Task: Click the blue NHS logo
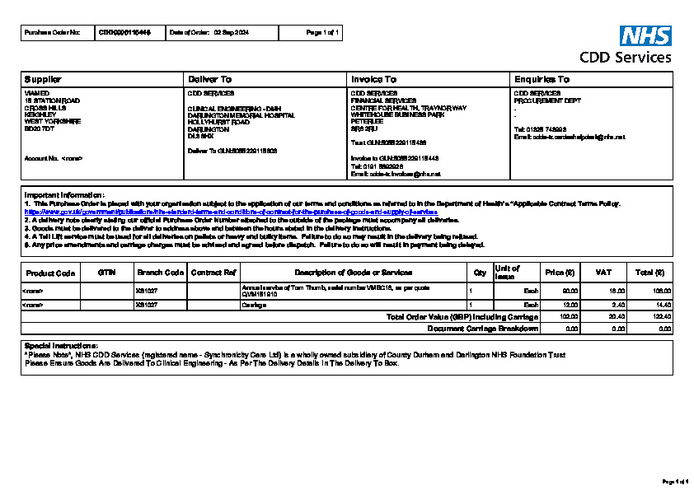(x=645, y=35)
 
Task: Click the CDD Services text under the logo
(x=625, y=58)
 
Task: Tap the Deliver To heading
(x=210, y=79)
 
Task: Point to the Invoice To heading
(x=373, y=79)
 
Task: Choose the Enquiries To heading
(x=542, y=79)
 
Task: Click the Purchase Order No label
(x=53, y=33)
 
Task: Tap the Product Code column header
(x=50, y=273)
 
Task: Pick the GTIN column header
(x=106, y=272)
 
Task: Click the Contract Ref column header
(x=213, y=272)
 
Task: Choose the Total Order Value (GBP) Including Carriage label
(x=462, y=316)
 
